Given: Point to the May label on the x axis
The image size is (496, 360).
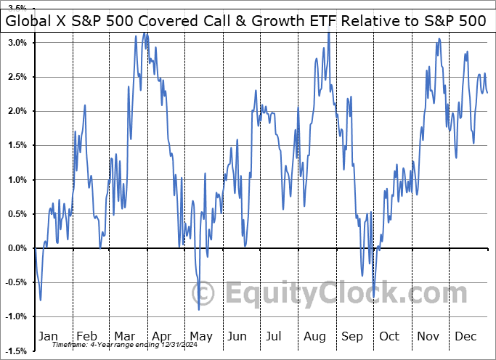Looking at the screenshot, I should [201, 336].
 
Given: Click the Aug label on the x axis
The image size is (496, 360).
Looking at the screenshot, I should [314, 336].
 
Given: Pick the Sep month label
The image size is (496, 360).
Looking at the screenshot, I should [352, 336].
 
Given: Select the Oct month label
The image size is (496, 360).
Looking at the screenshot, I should [389, 336].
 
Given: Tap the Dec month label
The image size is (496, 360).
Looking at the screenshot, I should [465, 336].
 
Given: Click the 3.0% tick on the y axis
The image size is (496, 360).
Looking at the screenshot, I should [18, 42].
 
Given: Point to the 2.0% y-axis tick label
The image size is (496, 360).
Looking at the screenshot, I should [18, 111].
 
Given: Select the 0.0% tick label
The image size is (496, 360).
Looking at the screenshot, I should [18, 248].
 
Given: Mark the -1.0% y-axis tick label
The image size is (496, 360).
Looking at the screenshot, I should [17, 317].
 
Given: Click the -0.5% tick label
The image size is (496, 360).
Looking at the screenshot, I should [17, 283].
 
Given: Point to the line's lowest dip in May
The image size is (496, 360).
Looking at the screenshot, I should [199, 310].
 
